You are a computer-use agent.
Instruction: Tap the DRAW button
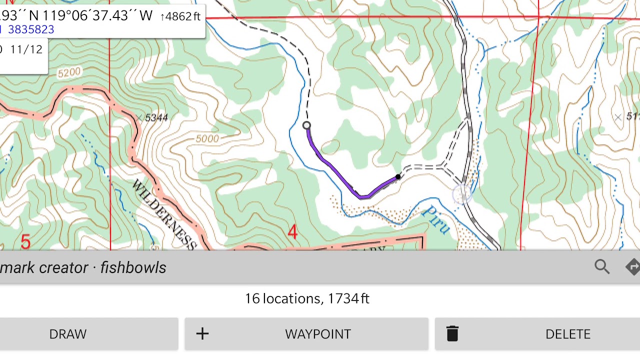(x=68, y=334)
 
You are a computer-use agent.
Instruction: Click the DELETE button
(x=567, y=334)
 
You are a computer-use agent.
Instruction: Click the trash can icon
(x=452, y=333)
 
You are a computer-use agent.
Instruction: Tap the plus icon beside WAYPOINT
(x=202, y=334)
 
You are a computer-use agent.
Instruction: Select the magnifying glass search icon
(x=602, y=266)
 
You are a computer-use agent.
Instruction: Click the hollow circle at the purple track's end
(x=306, y=125)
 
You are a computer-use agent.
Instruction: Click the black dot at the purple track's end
(x=398, y=177)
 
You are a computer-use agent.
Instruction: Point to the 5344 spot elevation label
(x=156, y=118)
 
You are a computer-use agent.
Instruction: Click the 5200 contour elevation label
(x=68, y=73)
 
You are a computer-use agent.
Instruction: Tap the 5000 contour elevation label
(x=207, y=138)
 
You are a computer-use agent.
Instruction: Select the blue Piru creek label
(x=435, y=220)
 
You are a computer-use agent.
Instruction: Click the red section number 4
(x=292, y=232)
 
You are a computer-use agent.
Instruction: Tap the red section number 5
(x=25, y=242)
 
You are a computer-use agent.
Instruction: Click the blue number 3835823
(x=31, y=29)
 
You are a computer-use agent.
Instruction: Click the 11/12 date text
(x=26, y=49)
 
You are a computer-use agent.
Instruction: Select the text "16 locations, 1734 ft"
(x=307, y=298)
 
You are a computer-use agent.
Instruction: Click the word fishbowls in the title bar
(x=133, y=267)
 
